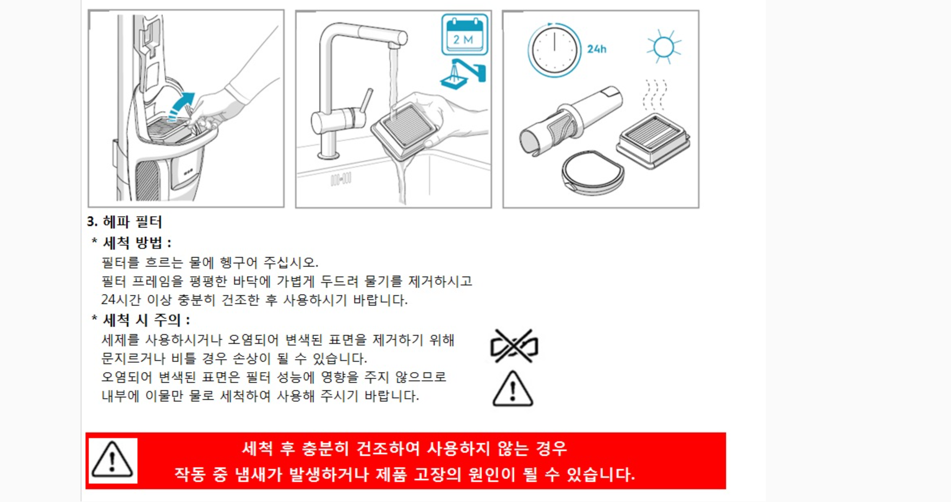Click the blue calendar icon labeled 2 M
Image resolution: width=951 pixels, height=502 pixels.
point(464,35)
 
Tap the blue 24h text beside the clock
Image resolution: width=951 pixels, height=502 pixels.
point(597,49)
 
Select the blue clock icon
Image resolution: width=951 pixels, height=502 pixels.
point(554,50)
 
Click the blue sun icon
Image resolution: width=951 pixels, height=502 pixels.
point(664,47)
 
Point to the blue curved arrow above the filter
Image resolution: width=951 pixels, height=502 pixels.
point(181,106)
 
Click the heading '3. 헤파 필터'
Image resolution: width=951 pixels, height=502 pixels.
point(124,221)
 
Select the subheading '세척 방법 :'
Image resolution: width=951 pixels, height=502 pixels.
point(137,243)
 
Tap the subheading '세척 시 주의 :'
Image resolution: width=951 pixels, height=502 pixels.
point(146,320)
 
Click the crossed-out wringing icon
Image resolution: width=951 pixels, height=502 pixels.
point(514,346)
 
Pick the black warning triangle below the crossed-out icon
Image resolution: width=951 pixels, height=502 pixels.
point(513,389)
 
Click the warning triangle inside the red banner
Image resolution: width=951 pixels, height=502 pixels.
point(112,460)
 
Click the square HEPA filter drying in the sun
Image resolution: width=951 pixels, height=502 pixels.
point(653,140)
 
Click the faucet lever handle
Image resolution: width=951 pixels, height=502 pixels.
point(366,101)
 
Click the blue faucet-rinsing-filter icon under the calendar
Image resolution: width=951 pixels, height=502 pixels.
point(463,74)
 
